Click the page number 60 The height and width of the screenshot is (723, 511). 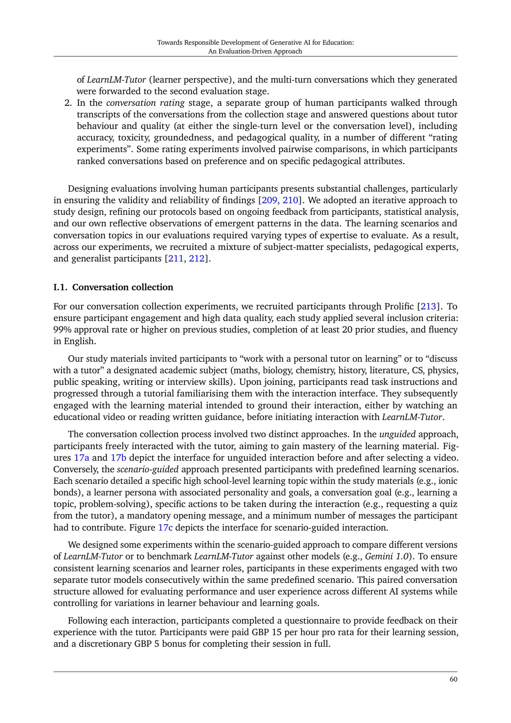(453, 680)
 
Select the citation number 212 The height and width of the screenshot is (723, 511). (199, 258)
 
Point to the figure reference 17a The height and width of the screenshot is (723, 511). (81, 458)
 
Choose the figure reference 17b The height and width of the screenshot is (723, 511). (118, 458)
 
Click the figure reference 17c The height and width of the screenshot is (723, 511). (165, 527)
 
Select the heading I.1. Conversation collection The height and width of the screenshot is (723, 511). (113, 287)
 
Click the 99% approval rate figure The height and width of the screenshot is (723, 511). (62, 330)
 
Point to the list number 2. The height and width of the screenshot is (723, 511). (68, 103)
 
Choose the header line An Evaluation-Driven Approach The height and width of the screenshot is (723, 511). (255, 51)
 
